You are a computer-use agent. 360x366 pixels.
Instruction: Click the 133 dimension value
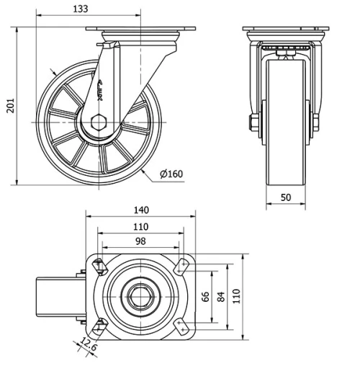(81, 9)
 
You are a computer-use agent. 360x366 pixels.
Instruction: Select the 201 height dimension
(9, 106)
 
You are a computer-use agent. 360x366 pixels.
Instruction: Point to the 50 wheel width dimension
(287, 197)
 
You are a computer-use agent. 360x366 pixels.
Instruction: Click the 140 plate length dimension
(141, 210)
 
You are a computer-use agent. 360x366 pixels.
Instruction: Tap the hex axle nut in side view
(100, 122)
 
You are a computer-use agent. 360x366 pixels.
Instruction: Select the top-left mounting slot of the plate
(99, 267)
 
